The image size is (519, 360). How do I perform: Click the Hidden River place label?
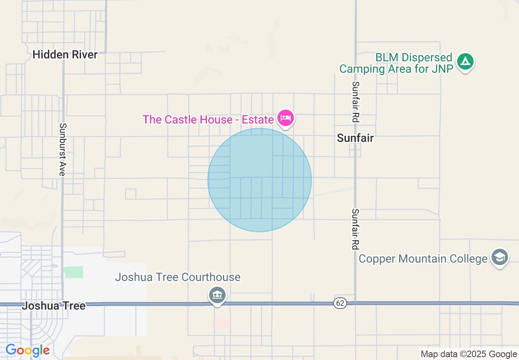click(x=65, y=54)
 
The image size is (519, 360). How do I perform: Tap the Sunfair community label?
click(x=355, y=138)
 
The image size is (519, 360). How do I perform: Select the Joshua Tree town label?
click(x=54, y=306)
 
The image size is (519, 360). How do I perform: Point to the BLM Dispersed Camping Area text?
click(x=396, y=63)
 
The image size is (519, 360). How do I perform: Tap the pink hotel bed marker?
click(x=285, y=119)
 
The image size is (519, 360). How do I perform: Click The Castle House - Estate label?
click(x=208, y=119)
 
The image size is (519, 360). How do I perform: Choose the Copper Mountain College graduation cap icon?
click(x=500, y=258)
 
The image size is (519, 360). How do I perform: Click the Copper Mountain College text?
click(x=423, y=259)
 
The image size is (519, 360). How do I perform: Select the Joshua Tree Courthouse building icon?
click(x=217, y=295)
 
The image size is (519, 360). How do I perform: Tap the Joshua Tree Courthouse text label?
click(x=178, y=277)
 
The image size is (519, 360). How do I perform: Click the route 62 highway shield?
click(x=339, y=303)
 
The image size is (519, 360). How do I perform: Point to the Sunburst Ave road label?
click(x=62, y=149)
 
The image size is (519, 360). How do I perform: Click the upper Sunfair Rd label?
click(x=355, y=102)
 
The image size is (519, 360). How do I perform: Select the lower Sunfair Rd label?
click(x=355, y=229)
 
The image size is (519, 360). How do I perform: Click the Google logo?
click(x=27, y=351)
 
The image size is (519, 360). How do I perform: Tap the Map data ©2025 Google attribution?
click(x=469, y=354)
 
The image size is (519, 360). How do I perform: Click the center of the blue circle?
click(x=259, y=180)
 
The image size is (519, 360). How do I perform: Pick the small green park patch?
click(x=73, y=272)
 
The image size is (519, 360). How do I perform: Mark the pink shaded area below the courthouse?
click(x=222, y=322)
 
